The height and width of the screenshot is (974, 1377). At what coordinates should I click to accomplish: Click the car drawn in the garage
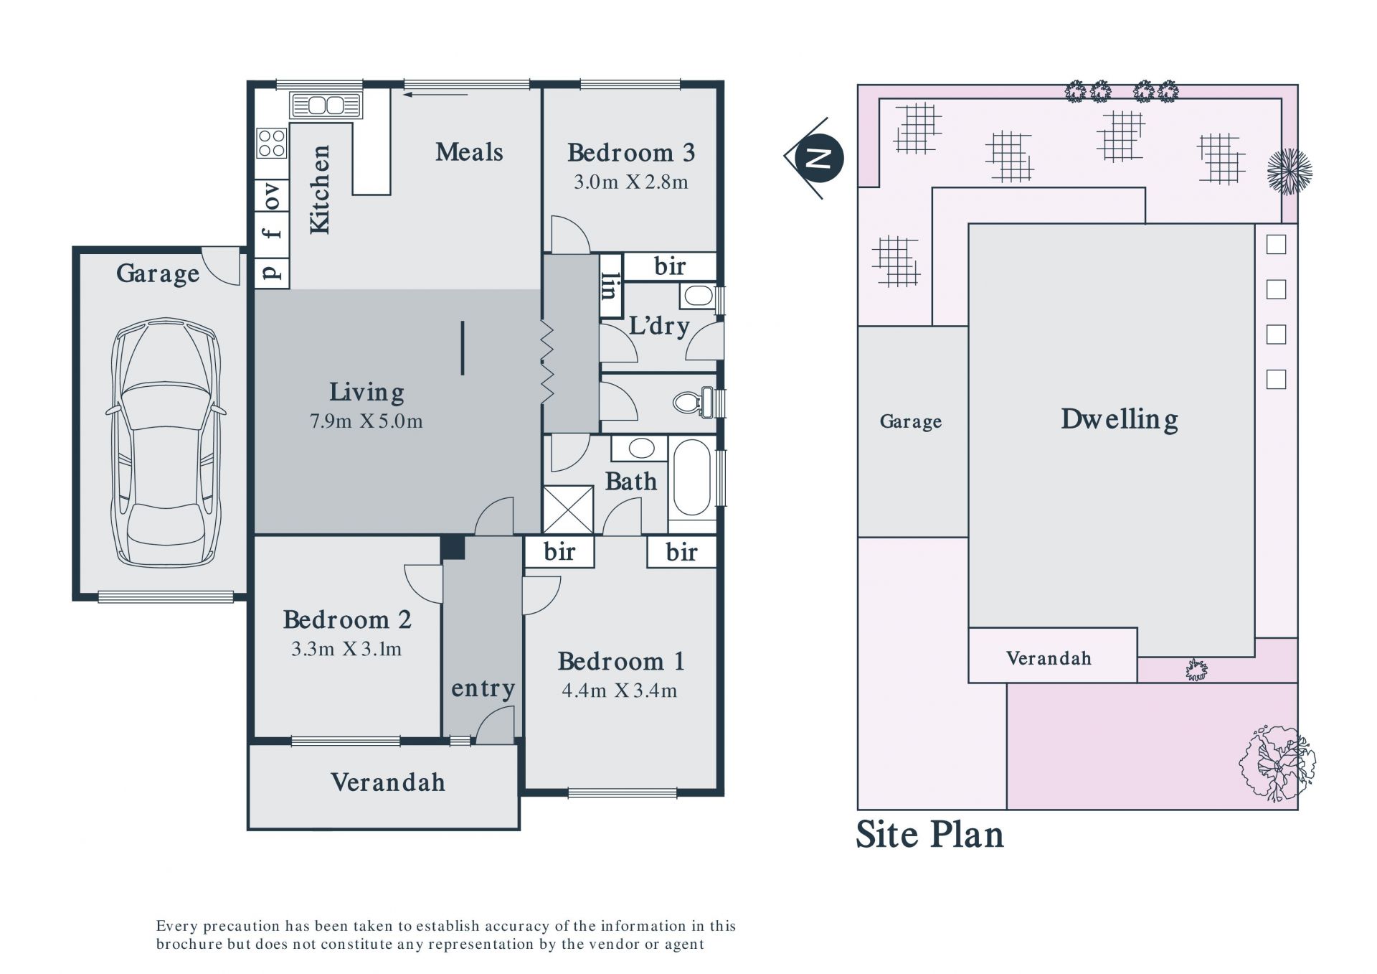pos(166,442)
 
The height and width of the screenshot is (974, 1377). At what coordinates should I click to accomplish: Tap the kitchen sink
pos(326,106)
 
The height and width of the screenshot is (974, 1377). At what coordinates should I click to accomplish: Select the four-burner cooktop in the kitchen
pos(272,142)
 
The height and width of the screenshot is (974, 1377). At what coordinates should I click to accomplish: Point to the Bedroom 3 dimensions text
pos(630,182)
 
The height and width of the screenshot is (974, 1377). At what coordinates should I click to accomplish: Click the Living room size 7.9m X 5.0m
pos(366,421)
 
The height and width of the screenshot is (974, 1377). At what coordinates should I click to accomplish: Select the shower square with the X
pos(568,510)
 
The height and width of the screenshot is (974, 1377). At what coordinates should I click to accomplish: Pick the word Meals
pos(469,152)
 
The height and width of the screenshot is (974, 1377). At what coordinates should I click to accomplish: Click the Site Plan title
pos(929,835)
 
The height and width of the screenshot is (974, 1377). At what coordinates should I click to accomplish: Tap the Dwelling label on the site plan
pos(1119,419)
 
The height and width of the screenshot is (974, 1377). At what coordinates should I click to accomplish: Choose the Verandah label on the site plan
pos(1049,658)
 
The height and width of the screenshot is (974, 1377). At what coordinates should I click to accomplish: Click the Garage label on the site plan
pos(911,421)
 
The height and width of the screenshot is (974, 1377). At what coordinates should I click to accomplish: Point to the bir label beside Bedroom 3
pos(670,266)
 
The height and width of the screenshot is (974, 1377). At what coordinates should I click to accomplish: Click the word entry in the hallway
pos(483,689)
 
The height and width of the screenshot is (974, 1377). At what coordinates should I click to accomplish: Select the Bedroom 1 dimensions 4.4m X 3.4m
pos(620,690)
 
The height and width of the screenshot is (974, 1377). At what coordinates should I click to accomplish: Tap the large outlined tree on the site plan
pos(1277,762)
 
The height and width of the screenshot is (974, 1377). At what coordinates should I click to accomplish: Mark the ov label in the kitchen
pos(272,195)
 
